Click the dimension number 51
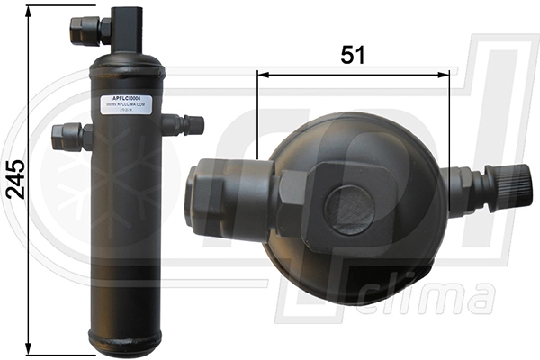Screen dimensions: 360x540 pos(353,55)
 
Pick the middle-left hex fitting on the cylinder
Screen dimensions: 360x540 pos(71,137)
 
